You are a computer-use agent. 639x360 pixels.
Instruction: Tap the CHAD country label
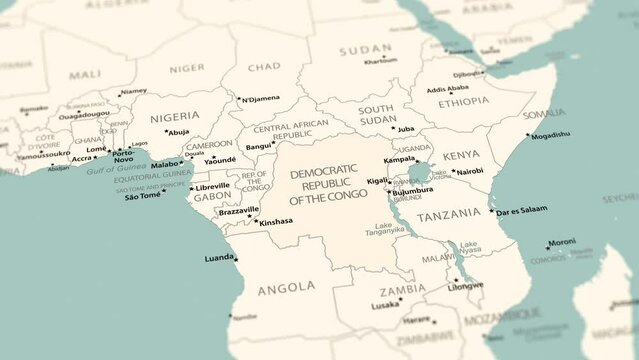tap(264, 67)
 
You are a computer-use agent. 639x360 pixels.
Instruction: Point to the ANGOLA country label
tap(286, 289)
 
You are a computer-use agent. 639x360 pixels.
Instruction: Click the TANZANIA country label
tap(449, 216)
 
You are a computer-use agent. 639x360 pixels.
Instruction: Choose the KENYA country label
tap(461, 155)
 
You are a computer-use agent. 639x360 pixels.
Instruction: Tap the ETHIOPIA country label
tap(463, 101)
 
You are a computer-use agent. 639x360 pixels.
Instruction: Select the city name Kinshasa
tap(276, 222)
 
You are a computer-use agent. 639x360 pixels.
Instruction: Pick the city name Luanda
tap(219, 257)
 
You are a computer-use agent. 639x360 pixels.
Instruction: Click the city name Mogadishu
tap(550, 135)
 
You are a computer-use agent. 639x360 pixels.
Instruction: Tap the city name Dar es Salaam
tap(522, 210)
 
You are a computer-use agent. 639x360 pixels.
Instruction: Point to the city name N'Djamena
tap(260, 98)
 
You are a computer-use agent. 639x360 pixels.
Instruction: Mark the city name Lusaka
tap(386, 305)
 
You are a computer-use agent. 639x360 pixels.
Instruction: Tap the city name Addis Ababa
tap(447, 89)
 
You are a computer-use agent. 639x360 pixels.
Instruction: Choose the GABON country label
tap(212, 197)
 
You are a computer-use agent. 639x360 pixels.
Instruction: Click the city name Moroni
tap(562, 242)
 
